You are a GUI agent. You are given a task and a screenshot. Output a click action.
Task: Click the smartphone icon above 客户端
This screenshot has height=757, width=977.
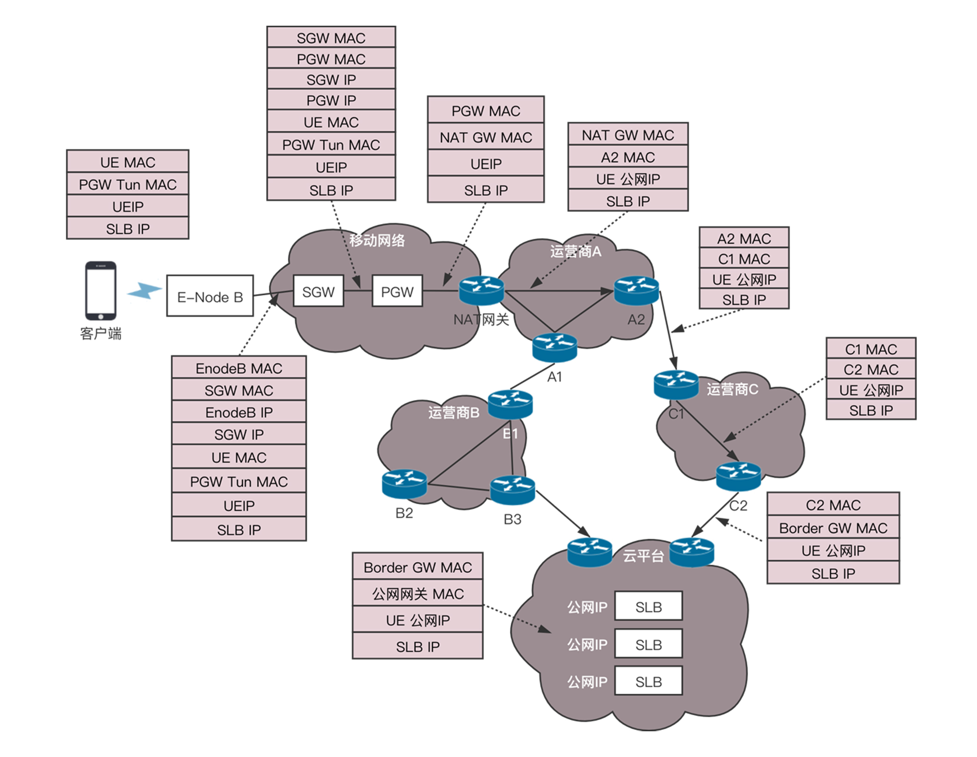(100, 291)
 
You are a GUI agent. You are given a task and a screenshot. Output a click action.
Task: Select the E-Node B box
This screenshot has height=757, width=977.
(210, 296)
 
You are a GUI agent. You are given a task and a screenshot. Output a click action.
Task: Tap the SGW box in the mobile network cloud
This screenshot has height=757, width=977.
(318, 291)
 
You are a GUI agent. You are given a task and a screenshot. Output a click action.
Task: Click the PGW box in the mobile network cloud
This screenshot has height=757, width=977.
(397, 291)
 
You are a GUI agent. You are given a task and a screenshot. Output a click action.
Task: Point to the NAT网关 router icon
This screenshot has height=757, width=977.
(481, 290)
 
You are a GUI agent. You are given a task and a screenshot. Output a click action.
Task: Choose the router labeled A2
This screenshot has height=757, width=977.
(636, 290)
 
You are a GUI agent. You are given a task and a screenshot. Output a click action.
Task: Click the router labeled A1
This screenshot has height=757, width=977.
(555, 348)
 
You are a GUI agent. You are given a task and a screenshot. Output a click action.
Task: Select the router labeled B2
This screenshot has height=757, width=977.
(404, 484)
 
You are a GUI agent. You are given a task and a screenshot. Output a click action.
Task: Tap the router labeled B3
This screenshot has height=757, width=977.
(513, 490)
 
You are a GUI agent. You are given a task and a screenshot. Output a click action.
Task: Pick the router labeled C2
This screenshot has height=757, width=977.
(738, 476)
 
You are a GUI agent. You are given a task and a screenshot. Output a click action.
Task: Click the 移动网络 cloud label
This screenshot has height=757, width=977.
(377, 241)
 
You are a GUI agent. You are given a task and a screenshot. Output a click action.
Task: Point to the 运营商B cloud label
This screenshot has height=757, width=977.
(454, 413)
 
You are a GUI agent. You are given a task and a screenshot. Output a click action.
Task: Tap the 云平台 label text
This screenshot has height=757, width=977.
(643, 556)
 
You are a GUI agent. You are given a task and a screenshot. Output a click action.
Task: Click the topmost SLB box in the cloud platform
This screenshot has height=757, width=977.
(649, 607)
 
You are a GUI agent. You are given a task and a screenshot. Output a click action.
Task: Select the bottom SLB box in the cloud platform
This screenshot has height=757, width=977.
(649, 681)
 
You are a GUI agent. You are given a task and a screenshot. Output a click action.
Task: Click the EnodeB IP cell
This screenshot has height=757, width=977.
(239, 412)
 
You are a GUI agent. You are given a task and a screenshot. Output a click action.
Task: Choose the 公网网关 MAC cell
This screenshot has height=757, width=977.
(418, 593)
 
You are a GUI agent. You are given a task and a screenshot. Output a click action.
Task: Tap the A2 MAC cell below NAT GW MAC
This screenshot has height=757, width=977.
(628, 157)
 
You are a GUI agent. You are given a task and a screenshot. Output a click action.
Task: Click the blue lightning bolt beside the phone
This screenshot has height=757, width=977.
(144, 290)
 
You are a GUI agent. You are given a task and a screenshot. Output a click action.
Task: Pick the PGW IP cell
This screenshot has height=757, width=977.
(331, 100)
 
